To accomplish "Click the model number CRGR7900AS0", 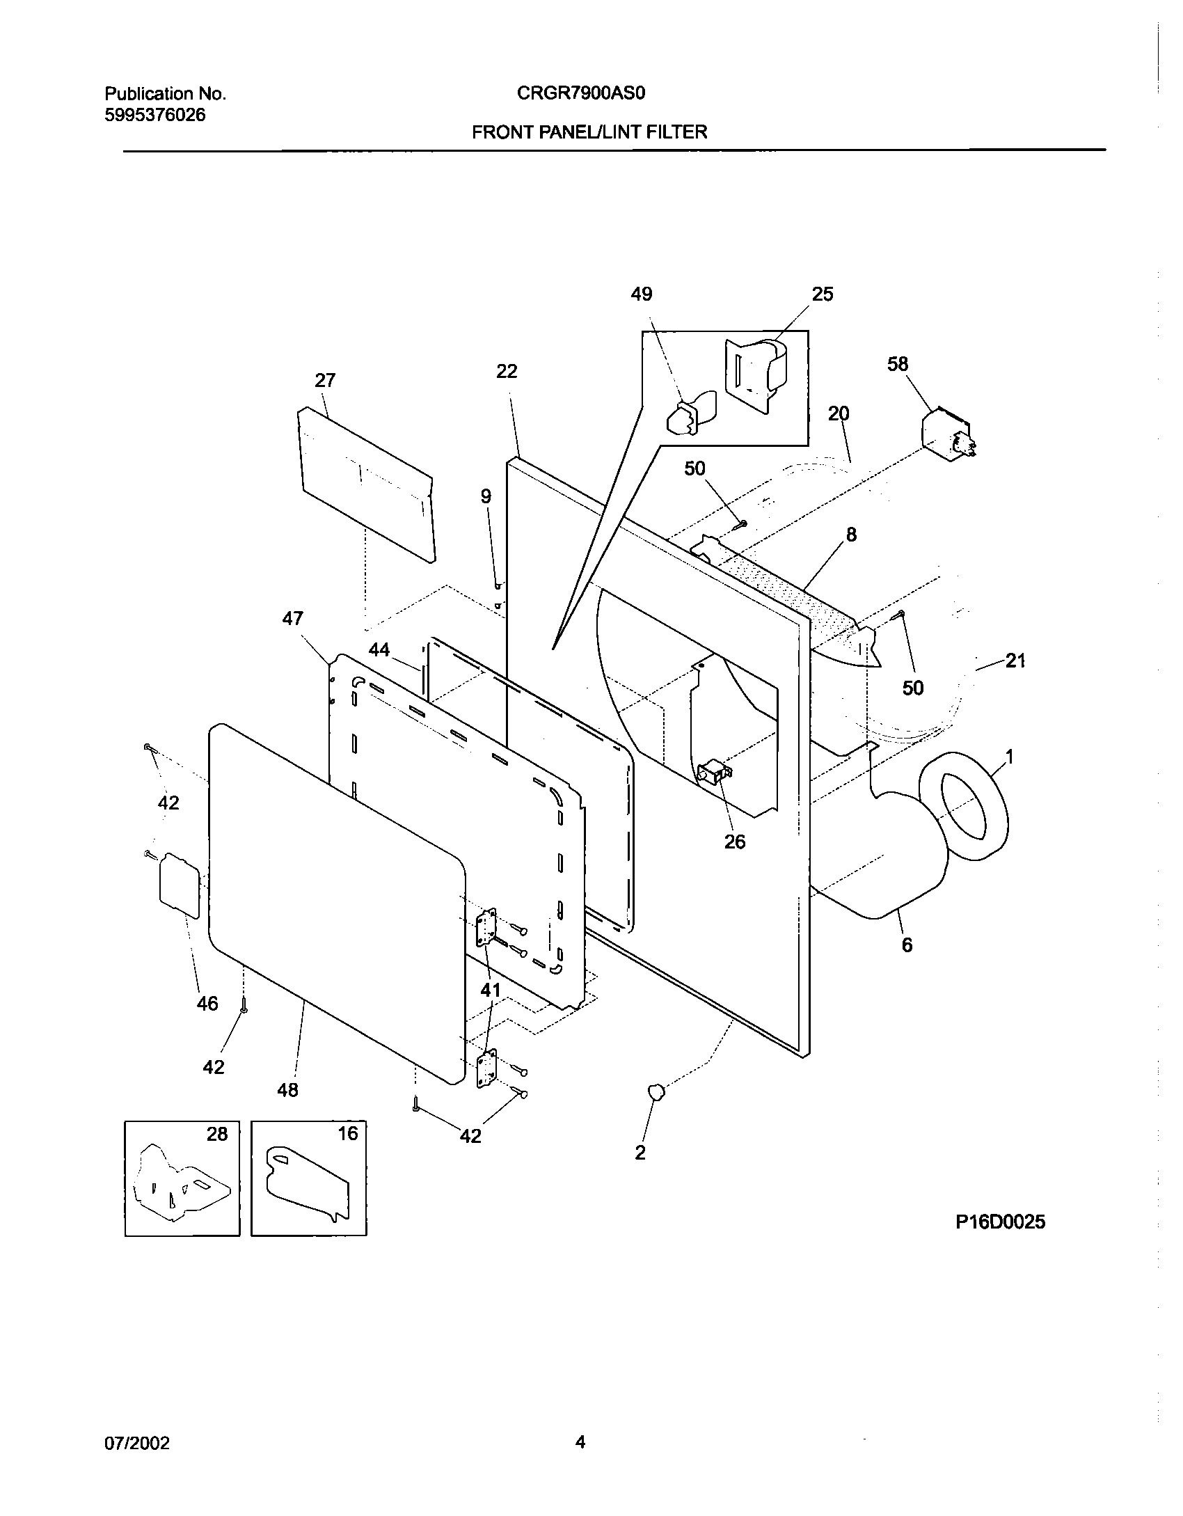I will (x=581, y=93).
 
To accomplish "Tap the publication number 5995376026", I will (x=155, y=116).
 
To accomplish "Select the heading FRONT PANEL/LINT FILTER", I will (x=589, y=132).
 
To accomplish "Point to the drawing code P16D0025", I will (x=1000, y=1222).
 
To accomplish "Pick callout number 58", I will (x=898, y=364).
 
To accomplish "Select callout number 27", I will (x=325, y=381).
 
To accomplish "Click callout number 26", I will (x=735, y=842).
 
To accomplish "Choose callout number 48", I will (x=287, y=1089).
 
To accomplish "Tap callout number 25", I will (x=823, y=294).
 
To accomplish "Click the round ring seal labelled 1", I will (x=964, y=807).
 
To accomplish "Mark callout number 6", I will (x=907, y=945).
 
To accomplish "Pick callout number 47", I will (x=293, y=618).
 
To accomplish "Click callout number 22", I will (x=507, y=372).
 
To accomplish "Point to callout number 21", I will (x=1015, y=661).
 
